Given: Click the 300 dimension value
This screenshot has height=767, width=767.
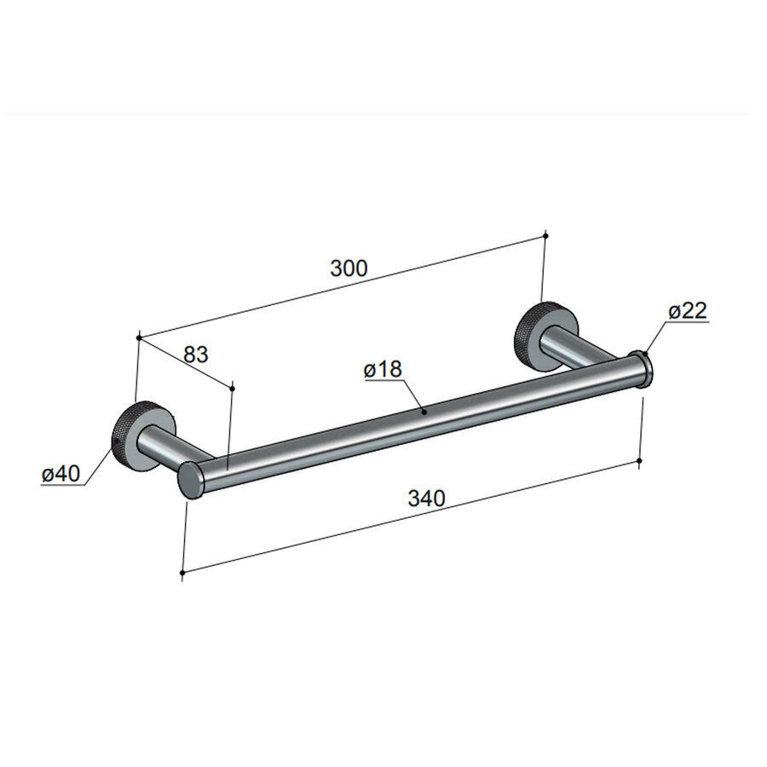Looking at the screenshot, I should pos(349,268).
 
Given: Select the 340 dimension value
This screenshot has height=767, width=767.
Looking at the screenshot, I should pos(426,499).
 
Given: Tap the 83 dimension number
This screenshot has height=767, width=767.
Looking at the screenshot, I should pos(196,355).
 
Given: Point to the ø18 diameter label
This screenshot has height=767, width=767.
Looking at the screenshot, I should pos(383,370).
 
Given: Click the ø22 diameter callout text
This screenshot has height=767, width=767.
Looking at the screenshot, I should pos(688,312).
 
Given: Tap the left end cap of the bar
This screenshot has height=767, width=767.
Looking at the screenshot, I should pos(190,481).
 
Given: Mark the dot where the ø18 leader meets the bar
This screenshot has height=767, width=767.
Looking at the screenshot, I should pos(424,411).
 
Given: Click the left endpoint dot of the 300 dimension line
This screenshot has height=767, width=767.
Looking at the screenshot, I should pos(138,337).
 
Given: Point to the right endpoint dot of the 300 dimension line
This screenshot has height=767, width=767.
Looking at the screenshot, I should pos(545,234).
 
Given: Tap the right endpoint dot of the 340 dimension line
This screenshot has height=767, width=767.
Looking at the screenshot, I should pos(640,461).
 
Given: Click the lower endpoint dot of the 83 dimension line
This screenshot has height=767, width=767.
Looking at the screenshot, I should pos(232,387).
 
